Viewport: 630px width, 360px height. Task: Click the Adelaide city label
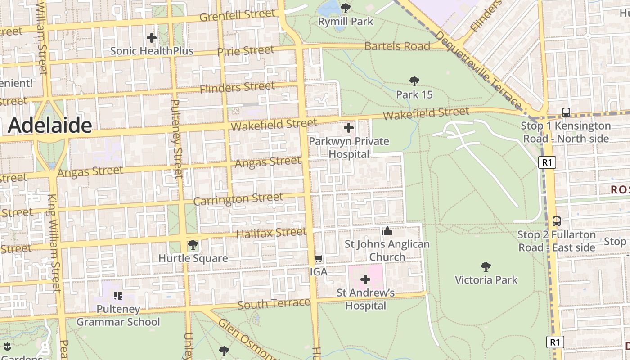tap(49, 125)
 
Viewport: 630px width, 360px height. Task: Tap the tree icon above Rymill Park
tap(346, 8)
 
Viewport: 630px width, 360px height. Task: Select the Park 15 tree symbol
tap(414, 81)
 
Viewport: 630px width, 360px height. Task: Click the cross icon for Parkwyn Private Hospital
tap(349, 128)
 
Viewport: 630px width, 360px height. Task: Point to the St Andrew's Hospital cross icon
tap(365, 279)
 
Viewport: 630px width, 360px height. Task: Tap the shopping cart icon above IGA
tap(319, 259)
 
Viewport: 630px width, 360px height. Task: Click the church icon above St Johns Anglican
tap(387, 231)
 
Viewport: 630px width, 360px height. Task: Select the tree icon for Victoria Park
tap(486, 267)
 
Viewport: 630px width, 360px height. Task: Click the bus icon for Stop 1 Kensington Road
tap(566, 112)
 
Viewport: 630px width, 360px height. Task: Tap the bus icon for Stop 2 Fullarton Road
tap(557, 221)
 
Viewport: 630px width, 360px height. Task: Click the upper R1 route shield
tap(547, 162)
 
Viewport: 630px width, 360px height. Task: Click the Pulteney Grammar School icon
tap(118, 296)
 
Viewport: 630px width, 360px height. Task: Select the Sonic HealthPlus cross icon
tap(152, 38)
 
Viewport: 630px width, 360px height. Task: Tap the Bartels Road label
tap(397, 46)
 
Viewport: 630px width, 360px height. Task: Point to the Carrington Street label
tap(238, 199)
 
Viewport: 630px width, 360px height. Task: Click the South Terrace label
tap(274, 304)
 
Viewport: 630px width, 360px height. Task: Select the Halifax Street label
tap(271, 233)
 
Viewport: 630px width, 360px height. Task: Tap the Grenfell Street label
tap(237, 15)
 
